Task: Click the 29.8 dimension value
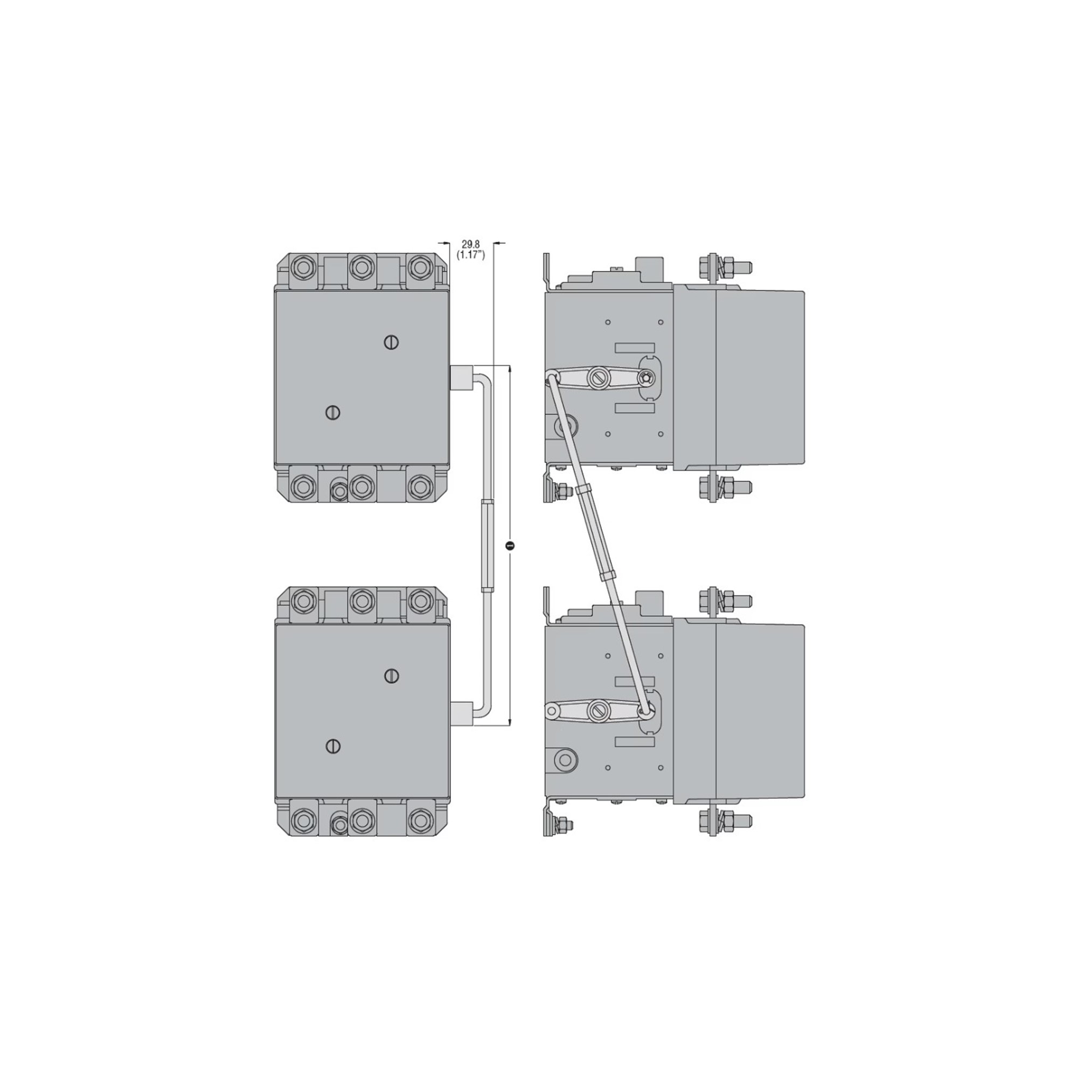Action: coord(470,244)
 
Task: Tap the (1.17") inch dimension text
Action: coord(471,254)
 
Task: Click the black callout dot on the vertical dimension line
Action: coord(510,545)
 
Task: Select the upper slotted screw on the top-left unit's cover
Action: coord(392,342)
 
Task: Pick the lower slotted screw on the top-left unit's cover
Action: coord(333,412)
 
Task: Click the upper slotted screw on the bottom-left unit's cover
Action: coord(392,676)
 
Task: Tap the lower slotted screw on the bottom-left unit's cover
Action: coord(333,746)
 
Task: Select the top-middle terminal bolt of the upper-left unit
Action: coord(363,268)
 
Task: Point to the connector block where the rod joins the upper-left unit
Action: coord(461,377)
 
